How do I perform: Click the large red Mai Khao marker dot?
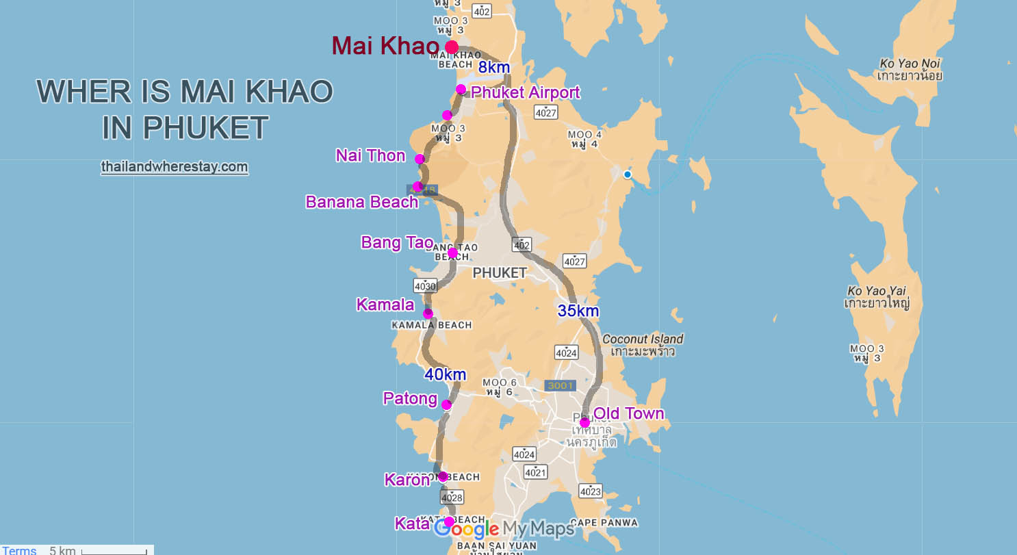click(x=452, y=47)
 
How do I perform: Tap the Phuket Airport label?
click(x=526, y=92)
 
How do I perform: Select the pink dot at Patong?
click(x=446, y=404)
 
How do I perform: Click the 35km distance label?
click(x=578, y=311)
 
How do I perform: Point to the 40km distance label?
click(x=445, y=374)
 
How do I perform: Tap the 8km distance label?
click(x=494, y=67)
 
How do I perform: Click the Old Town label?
click(x=628, y=413)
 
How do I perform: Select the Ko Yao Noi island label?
click(x=910, y=70)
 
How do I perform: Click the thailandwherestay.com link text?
click(x=174, y=166)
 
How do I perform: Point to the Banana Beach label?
click(x=361, y=202)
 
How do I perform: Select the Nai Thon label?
click(x=370, y=155)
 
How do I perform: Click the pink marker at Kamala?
click(x=428, y=313)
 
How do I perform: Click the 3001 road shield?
click(x=559, y=386)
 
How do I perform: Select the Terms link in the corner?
click(x=19, y=550)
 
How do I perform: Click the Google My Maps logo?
click(x=505, y=529)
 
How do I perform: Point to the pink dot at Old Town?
click(x=584, y=422)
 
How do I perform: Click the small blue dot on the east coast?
click(x=627, y=175)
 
